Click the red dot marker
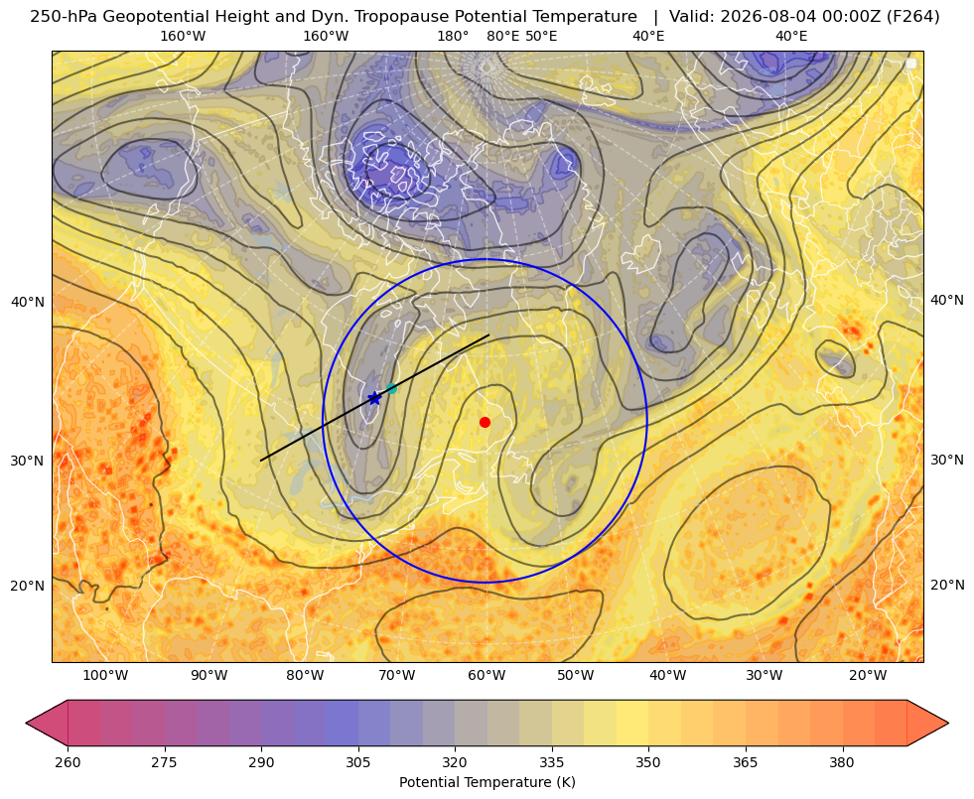(485, 422)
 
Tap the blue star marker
(374, 398)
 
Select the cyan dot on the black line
(391, 389)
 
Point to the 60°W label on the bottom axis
(487, 676)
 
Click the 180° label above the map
(453, 36)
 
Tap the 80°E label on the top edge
(502, 36)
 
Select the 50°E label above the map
(541, 36)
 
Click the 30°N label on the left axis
(28, 461)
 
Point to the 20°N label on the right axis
(947, 585)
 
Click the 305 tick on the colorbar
(357, 761)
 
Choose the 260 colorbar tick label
(68, 761)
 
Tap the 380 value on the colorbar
(842, 761)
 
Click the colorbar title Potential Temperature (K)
(487, 782)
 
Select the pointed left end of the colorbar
(26, 723)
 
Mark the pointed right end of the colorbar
(948, 723)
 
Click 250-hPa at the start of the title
(64, 17)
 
